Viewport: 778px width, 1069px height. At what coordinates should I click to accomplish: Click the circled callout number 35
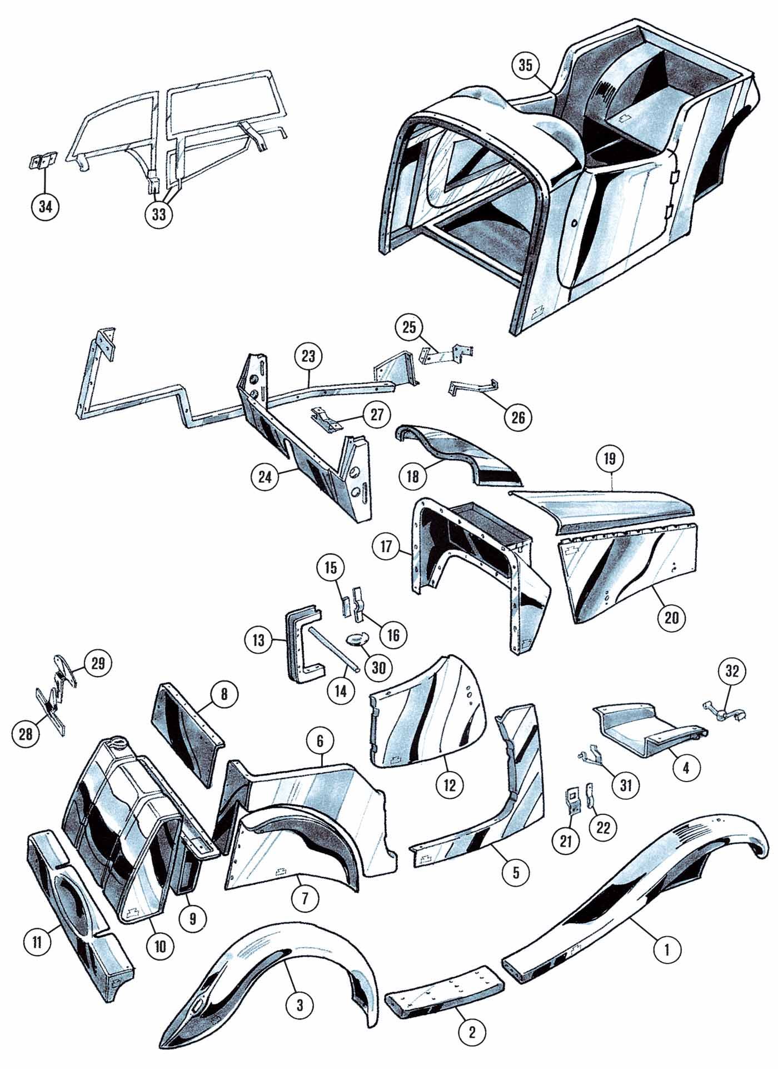tap(526, 65)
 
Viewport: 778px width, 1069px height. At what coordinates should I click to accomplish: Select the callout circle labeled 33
tap(159, 214)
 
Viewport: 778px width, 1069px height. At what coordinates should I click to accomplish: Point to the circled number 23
tap(308, 356)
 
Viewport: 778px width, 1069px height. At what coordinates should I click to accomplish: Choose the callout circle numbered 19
tap(610, 459)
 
